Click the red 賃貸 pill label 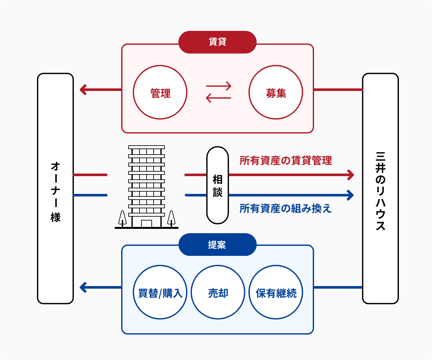(217, 42)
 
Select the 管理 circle (160, 93)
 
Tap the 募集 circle (276, 93)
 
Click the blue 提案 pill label (217, 245)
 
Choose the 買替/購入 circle (160, 292)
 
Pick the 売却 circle (218, 292)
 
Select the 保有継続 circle (276, 292)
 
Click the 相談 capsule (218, 185)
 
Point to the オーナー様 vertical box (56, 189)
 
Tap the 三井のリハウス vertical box (380, 189)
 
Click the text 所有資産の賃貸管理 (285, 160)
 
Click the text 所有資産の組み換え (285, 208)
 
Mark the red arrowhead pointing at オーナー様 (83, 90)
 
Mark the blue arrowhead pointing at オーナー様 (83, 287)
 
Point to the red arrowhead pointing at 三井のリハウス (351, 175)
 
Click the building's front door (147, 223)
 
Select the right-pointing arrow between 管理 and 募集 (219, 86)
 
